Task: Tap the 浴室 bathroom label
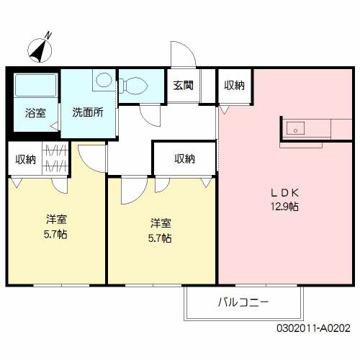[x=35, y=113]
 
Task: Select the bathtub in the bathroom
[x=34, y=86]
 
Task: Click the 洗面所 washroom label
[x=88, y=112]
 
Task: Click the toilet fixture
[x=135, y=86]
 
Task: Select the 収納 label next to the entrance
[x=233, y=85]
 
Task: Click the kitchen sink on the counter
[x=295, y=129]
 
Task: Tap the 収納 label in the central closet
[x=184, y=159]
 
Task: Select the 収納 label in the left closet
[x=25, y=159]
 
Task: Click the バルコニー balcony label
[x=243, y=302]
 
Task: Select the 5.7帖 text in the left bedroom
[x=55, y=235]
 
